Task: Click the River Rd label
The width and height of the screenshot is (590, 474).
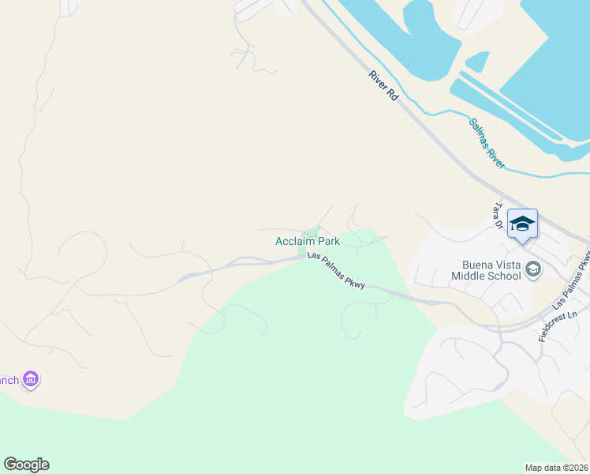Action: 383,85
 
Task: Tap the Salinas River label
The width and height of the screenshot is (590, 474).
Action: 487,143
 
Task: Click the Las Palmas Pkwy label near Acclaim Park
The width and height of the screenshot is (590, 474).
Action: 336,271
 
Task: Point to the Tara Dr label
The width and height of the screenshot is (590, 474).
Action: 498,216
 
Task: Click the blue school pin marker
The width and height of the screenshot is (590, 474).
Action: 522,224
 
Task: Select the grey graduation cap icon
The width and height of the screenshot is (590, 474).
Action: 534,270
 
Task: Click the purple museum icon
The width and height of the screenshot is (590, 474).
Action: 31,380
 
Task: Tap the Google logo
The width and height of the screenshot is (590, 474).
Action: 26,465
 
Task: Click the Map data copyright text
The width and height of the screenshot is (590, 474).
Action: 556,468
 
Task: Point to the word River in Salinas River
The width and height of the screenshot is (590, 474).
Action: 496,156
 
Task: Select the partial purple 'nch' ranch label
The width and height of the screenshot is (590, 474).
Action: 9,381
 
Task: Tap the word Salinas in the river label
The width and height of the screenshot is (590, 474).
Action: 480,134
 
